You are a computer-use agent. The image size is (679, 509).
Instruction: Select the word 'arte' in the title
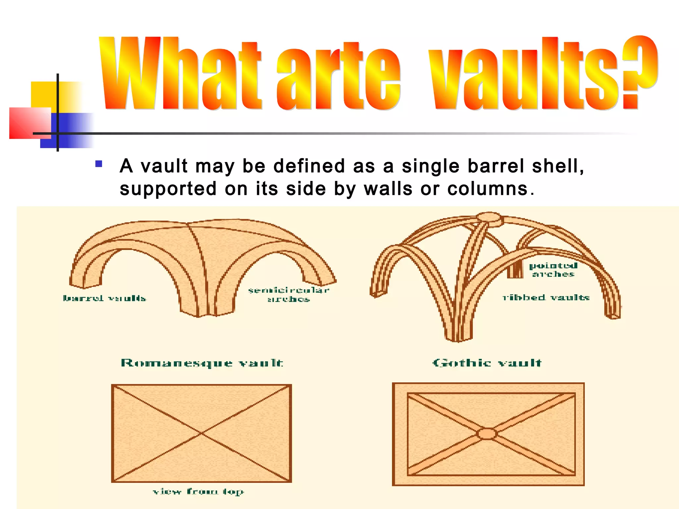(338, 78)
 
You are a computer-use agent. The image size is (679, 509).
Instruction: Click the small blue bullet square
(98, 164)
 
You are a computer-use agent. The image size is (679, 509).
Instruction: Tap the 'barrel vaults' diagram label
(104, 298)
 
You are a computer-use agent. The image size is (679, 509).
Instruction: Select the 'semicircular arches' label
(289, 295)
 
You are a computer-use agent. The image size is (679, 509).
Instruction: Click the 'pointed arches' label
(553, 270)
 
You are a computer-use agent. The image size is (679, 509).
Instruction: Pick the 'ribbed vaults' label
(546, 298)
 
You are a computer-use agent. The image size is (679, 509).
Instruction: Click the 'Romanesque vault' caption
(202, 363)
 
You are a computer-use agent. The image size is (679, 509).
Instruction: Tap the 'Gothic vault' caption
(487, 363)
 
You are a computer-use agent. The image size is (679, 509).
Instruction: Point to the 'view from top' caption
(198, 491)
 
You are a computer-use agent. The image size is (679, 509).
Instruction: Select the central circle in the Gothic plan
(487, 434)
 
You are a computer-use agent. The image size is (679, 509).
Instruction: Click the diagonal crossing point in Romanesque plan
(201, 433)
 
